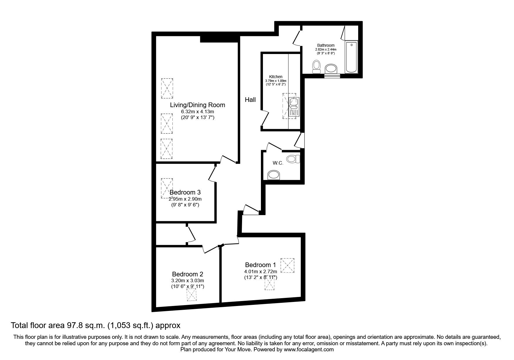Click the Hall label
(250, 100)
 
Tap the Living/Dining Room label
(197, 105)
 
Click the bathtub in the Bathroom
(351, 57)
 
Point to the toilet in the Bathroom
(316, 66)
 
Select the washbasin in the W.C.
(274, 175)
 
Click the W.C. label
(278, 163)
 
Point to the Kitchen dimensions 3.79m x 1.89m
(275, 81)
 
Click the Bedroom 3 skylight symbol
(167, 188)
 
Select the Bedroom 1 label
(260, 265)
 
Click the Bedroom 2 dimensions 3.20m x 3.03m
(187, 280)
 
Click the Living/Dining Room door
(228, 159)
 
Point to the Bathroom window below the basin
(332, 76)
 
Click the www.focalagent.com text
(309, 350)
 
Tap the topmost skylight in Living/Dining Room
(167, 88)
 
